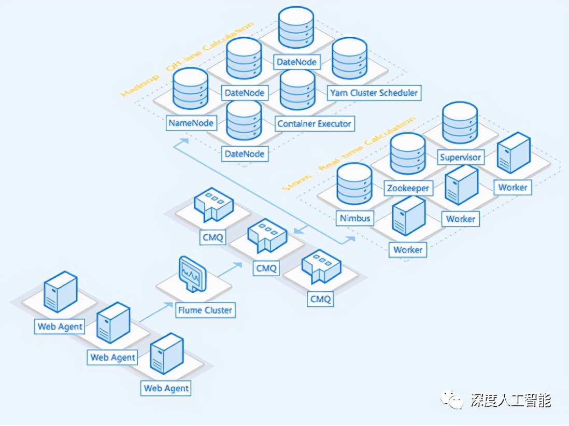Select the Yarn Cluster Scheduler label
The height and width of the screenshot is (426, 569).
(374, 93)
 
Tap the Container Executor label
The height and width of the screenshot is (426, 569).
(314, 124)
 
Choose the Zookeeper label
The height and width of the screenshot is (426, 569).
(408, 188)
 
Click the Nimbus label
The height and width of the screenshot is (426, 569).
(355, 218)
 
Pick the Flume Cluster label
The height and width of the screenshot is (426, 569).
(205, 310)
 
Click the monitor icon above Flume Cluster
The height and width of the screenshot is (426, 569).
(192, 274)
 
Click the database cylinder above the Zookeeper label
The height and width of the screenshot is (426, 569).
(407, 154)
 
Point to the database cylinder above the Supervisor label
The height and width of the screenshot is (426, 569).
(460, 123)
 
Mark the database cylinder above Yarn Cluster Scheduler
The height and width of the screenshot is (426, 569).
(349, 62)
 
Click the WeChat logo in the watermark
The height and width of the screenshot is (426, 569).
(452, 400)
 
